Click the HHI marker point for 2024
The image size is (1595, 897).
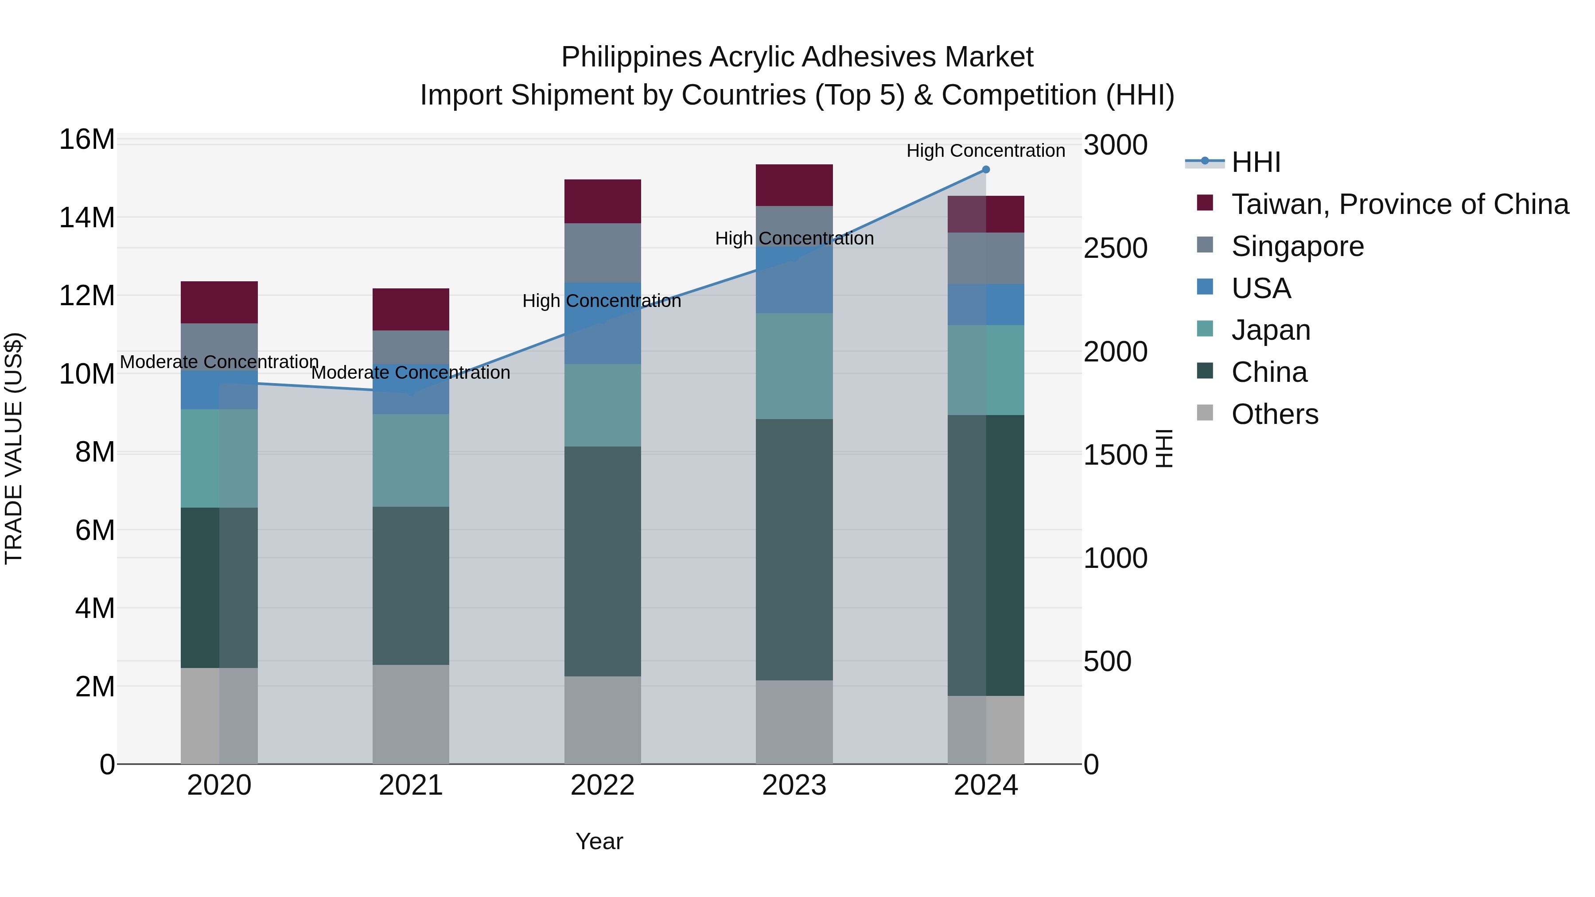pos(986,170)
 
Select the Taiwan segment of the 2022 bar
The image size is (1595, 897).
pos(603,201)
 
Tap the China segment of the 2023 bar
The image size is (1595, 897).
pos(794,550)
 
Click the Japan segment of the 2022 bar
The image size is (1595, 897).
pos(603,405)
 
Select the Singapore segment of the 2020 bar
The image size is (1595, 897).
pos(219,347)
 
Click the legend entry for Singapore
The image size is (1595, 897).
pos(1297,246)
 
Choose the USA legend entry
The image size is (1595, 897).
pos(1260,288)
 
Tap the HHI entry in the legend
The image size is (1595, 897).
pos(1256,162)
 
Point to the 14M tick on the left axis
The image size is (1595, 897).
pos(87,218)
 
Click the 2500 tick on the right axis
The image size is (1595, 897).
pos(1115,248)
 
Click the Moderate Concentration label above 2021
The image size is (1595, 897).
pos(411,373)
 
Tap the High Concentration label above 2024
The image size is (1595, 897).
pos(986,151)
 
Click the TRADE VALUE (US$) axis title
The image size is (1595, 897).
pos(14,448)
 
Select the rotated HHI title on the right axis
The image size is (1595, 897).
pos(1164,448)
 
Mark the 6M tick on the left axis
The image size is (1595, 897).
pos(94,531)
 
